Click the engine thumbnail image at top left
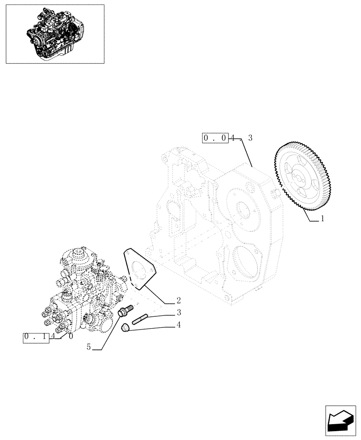click(55, 34)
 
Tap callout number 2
click(179, 301)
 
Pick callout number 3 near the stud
click(179, 313)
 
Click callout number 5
click(88, 347)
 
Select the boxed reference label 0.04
click(215, 138)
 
